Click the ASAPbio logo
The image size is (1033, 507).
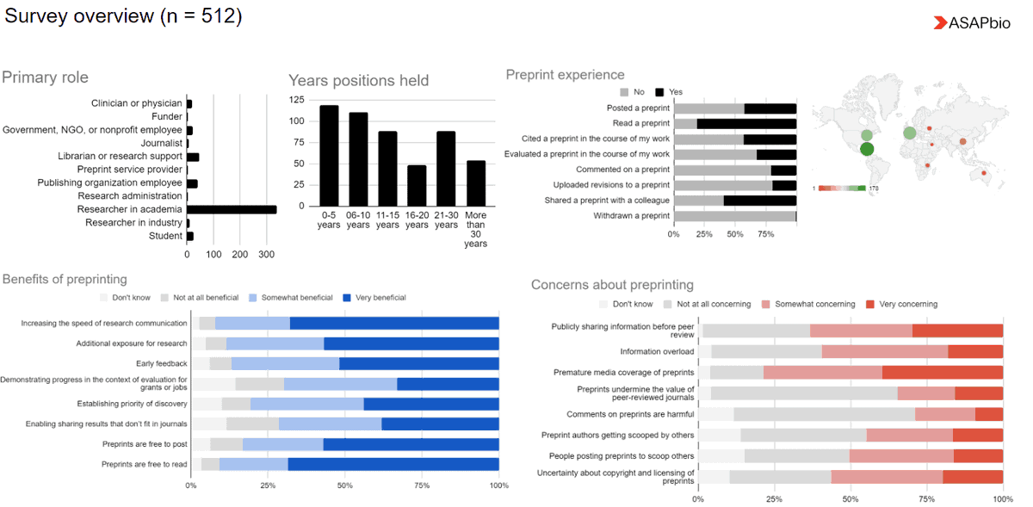(x=972, y=23)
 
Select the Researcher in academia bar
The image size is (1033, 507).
(x=232, y=209)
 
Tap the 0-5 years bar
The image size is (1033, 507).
(x=329, y=156)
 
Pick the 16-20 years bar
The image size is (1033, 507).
(x=417, y=185)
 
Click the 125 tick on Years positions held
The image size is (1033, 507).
(x=296, y=100)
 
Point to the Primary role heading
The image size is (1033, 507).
(x=45, y=77)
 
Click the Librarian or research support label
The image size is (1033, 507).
(x=121, y=157)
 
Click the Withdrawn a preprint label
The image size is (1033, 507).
(x=631, y=216)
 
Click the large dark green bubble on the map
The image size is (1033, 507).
(x=867, y=149)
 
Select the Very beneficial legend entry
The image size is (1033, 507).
(x=375, y=298)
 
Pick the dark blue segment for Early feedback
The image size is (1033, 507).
(x=419, y=363)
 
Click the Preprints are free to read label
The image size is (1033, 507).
(x=144, y=464)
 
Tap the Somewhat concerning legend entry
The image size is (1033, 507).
(x=807, y=304)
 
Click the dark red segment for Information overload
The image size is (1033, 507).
(x=975, y=351)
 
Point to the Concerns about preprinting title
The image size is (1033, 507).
(x=612, y=285)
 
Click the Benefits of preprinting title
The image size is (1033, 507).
(x=65, y=279)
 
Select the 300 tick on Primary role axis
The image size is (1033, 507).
(x=267, y=255)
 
